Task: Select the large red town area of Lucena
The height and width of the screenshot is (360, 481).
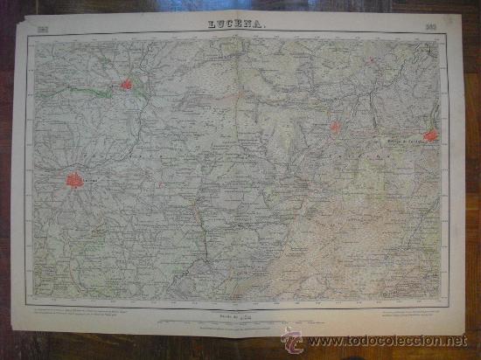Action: coord(74,180)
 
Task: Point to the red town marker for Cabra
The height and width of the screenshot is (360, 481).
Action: coord(126,85)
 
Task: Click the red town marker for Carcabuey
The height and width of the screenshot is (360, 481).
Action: coord(335,127)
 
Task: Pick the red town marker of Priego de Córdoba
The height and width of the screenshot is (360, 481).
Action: coord(429,135)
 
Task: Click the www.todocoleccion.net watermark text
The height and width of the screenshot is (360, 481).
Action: coord(386,340)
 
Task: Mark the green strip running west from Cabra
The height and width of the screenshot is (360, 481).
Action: coord(87,89)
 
